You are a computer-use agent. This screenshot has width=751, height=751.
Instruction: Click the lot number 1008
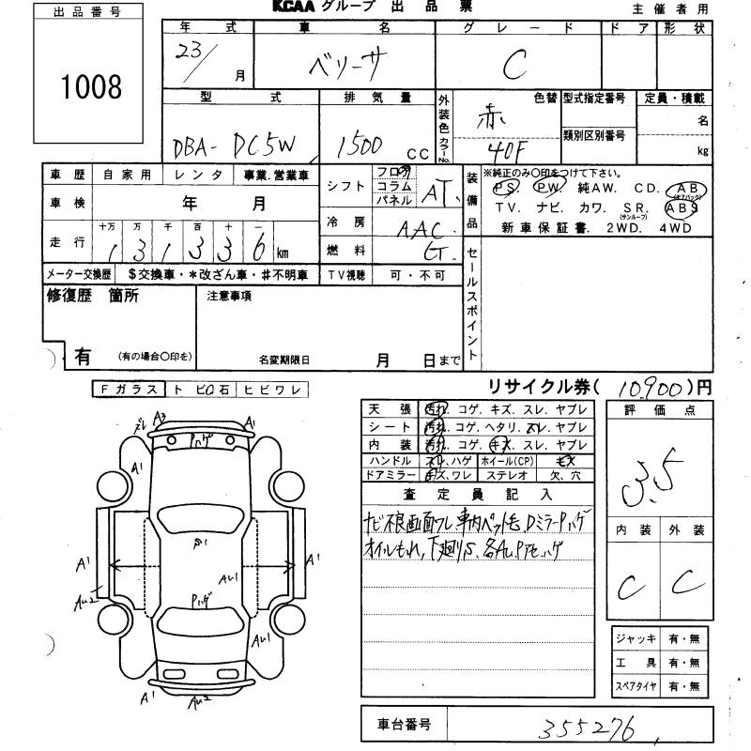pyautogui.click(x=92, y=87)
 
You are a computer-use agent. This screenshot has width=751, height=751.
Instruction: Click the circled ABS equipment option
pyautogui.click(x=682, y=209)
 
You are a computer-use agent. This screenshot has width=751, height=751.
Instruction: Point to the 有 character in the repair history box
pyautogui.click(x=83, y=356)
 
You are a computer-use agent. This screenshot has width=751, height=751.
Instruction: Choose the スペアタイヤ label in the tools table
pyautogui.click(x=636, y=686)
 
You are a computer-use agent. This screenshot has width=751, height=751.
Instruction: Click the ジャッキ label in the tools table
pyautogui.click(x=636, y=639)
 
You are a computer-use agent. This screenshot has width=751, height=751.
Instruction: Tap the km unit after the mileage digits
pyautogui.click(x=283, y=253)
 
